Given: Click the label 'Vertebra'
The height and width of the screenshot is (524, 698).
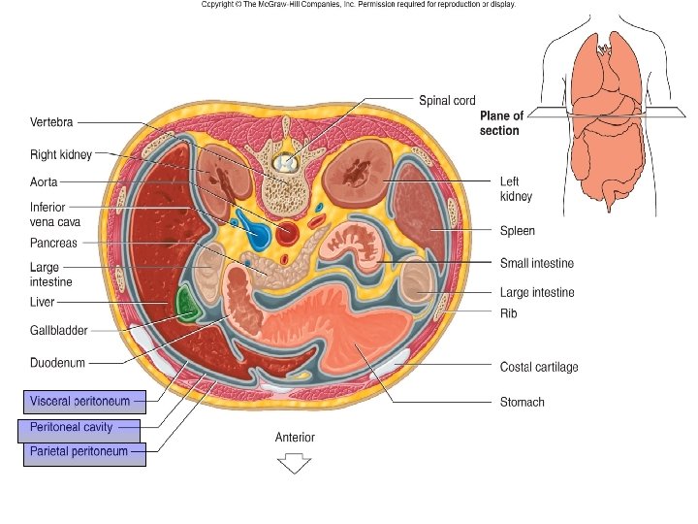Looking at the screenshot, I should pyautogui.click(x=51, y=122).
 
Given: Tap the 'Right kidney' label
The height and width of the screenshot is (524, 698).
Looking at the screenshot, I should pyautogui.click(x=60, y=153).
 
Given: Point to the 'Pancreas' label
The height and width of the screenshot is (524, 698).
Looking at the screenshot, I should pyautogui.click(x=53, y=243).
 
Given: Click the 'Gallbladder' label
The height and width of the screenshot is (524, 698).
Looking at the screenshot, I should pyautogui.click(x=59, y=330).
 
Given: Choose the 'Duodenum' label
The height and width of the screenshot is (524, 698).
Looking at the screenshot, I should pyautogui.click(x=57, y=362).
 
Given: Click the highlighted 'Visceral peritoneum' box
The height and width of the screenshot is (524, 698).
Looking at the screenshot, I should pyautogui.click(x=83, y=401).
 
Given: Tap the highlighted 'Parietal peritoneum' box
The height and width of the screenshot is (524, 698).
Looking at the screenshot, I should pyautogui.click(x=83, y=451).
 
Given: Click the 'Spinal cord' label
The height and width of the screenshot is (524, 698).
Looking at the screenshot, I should pyautogui.click(x=446, y=100).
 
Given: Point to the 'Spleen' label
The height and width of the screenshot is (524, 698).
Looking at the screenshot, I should pyautogui.click(x=517, y=231).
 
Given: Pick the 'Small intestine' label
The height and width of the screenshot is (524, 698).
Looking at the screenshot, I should pyautogui.click(x=536, y=263).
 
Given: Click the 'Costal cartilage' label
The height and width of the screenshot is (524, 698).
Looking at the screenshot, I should pyautogui.click(x=539, y=367).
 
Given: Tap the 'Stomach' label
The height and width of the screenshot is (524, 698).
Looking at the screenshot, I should pyautogui.click(x=522, y=402).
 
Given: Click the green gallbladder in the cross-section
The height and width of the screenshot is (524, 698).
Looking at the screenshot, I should pyautogui.click(x=185, y=305).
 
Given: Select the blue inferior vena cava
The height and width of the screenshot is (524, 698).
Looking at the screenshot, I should pyautogui.click(x=257, y=233).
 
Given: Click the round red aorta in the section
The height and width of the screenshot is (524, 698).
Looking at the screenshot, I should pyautogui.click(x=288, y=233).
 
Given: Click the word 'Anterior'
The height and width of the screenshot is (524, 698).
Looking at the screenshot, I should pyautogui.click(x=295, y=438).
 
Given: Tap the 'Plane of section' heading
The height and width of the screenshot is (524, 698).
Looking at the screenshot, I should pyautogui.click(x=501, y=123).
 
